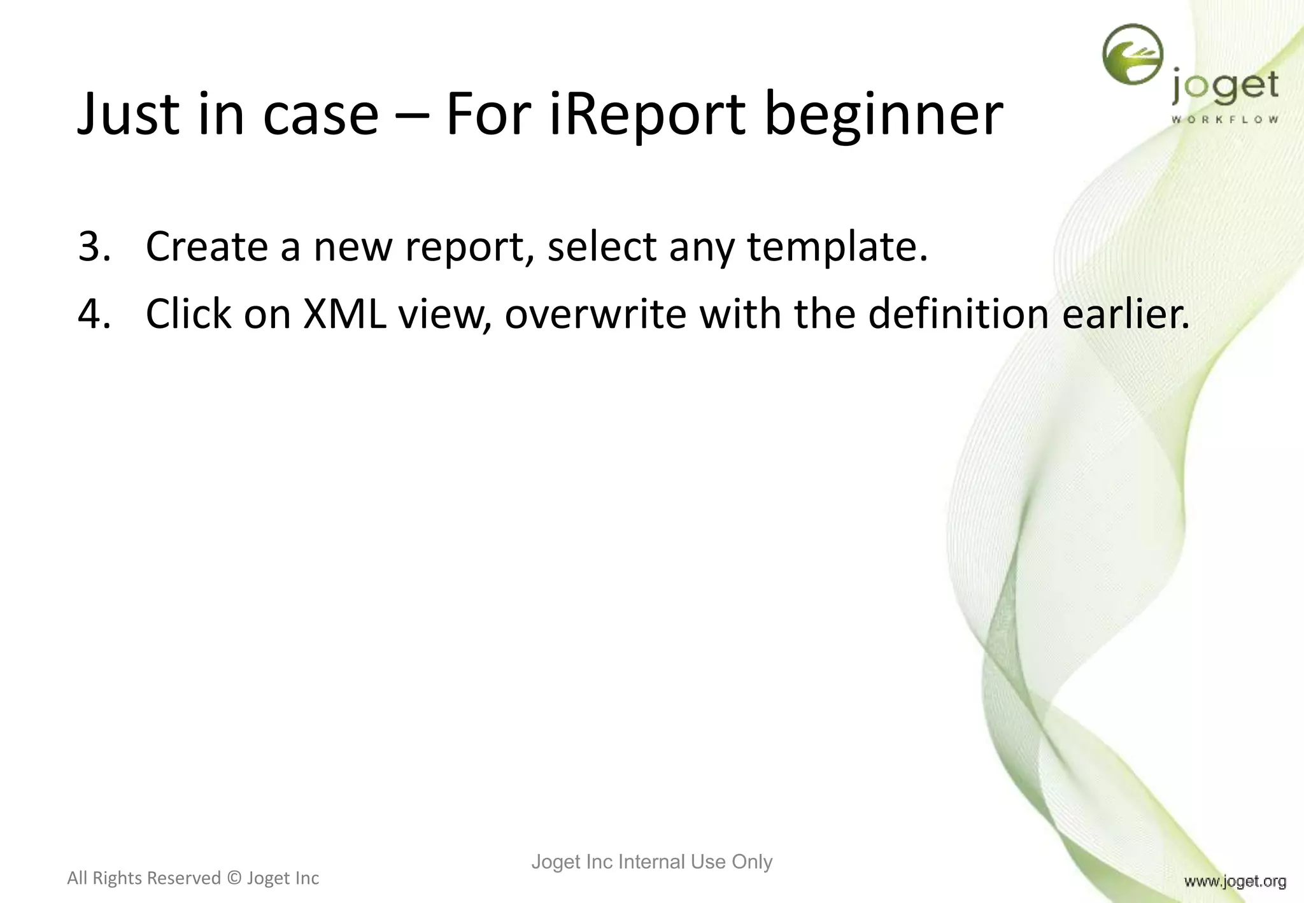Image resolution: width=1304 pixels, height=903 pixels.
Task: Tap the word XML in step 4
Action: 344,314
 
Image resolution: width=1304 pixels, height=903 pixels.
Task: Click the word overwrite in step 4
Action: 595,314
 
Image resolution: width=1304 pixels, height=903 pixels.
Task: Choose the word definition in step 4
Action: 958,314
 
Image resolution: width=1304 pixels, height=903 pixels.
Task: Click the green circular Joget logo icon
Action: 1132,55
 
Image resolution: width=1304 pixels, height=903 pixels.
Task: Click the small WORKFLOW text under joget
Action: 1224,120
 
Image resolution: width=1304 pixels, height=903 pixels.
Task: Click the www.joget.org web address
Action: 1235,881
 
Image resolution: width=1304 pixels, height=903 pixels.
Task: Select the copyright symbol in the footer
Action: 234,879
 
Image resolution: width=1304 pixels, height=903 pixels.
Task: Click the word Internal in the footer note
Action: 652,862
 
